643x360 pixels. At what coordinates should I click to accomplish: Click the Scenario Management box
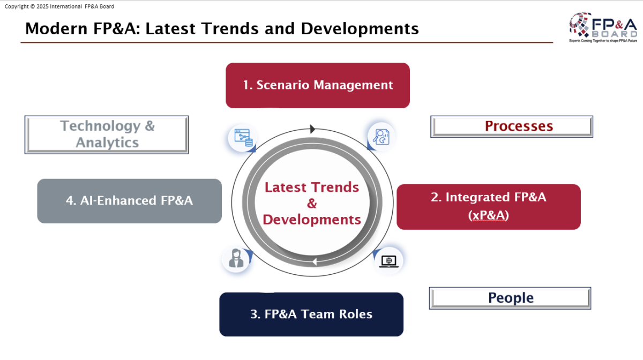point(317,86)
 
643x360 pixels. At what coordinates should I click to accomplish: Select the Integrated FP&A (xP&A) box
point(489,207)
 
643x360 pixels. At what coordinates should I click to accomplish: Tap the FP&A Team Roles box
point(311,314)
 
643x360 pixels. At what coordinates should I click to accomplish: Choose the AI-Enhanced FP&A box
point(130,201)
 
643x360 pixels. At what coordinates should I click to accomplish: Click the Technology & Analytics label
point(107,134)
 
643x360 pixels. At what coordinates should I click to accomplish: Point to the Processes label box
point(512,126)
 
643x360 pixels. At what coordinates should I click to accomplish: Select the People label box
point(510,298)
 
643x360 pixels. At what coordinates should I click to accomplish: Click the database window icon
point(243,138)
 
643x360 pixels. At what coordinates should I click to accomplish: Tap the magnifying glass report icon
point(381,137)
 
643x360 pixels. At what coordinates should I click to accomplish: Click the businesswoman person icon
point(236,258)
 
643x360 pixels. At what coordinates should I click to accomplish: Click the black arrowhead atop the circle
point(312,129)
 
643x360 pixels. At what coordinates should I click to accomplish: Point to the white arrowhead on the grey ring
point(315,261)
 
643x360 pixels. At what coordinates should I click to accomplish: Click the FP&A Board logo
point(603,27)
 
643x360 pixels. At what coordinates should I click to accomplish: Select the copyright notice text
point(59,6)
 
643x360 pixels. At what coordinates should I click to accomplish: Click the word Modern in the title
point(56,29)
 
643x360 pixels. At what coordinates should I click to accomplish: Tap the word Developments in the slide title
point(360,29)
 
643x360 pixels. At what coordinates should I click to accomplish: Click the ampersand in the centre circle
point(312,204)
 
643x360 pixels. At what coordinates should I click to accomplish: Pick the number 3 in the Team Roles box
point(253,314)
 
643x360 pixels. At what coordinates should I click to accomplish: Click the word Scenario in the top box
point(283,85)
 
